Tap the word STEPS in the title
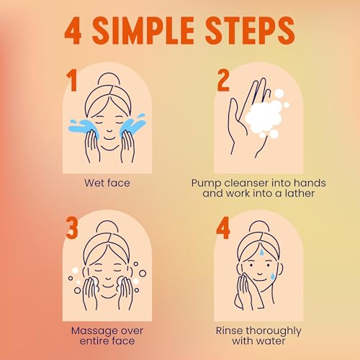pos(250,30)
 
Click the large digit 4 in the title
pos(73,31)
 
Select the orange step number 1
pos(71,81)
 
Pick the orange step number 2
pos(223,81)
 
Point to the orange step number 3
pos(72,228)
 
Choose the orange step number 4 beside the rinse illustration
pos(223,228)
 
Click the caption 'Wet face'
pos(107,183)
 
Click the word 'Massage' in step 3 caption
pos(94,331)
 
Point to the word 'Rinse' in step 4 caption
pos(229,330)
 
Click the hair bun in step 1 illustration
pos(109,78)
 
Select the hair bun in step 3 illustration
pos(107,226)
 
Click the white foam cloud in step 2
pos(265,117)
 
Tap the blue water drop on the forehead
pos(262,252)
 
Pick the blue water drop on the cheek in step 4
pos(273,276)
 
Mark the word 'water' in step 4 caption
pos(271,341)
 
